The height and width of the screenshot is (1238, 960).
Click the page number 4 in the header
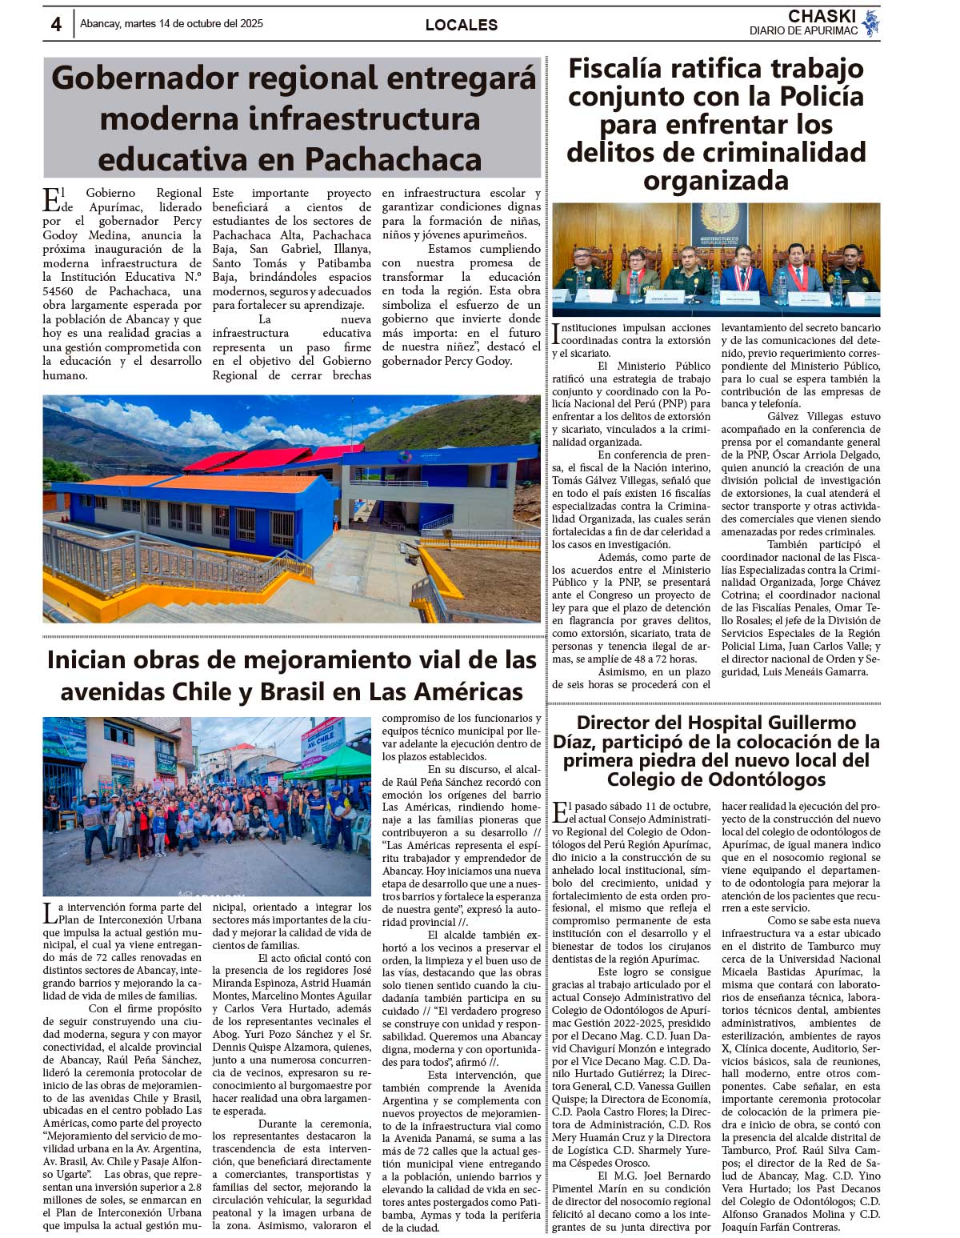click(x=56, y=25)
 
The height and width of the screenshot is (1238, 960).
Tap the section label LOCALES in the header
click(x=462, y=25)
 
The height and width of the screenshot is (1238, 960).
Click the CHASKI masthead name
click(x=822, y=16)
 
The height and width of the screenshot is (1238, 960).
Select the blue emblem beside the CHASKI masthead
click(x=870, y=23)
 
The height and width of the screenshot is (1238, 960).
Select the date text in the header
click(x=171, y=24)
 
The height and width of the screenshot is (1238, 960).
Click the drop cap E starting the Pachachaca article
click(x=51, y=199)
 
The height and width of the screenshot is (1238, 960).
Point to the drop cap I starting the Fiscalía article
click(x=556, y=334)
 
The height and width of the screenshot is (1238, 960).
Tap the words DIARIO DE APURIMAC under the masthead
click(x=803, y=31)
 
